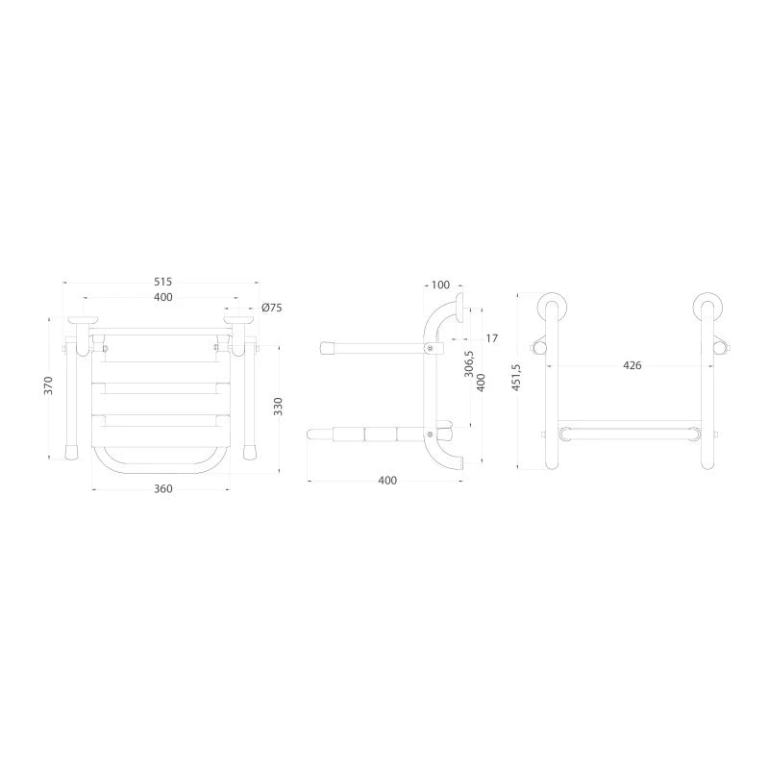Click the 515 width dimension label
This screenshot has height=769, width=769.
coord(162,282)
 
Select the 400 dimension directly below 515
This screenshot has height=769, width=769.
coord(162,297)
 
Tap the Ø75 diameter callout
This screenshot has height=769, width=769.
coord(272,308)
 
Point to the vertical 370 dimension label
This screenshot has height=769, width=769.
coord(48,385)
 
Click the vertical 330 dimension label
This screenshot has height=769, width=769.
coord(278,407)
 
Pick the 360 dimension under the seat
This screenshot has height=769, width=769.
coord(162,489)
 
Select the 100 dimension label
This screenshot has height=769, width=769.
coord(440,285)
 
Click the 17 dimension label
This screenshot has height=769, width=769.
coord(492,338)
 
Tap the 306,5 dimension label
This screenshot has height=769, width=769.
coord(469,363)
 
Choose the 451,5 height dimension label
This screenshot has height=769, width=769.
coord(515,377)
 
